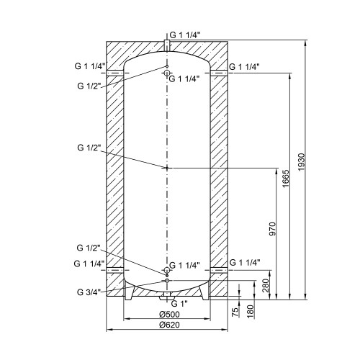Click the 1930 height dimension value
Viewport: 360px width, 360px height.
[301, 162]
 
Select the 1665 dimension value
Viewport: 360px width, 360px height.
[285, 179]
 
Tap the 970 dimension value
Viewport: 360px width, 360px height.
[273, 229]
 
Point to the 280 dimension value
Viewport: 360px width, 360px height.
[266, 286]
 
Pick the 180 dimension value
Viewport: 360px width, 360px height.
[251, 312]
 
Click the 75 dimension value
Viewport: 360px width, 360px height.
[236, 312]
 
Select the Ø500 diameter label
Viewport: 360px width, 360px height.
[169, 314]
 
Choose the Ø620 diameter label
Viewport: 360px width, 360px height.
[169, 325]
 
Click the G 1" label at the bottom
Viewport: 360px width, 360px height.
[179, 304]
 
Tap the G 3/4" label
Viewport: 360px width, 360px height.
[89, 292]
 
